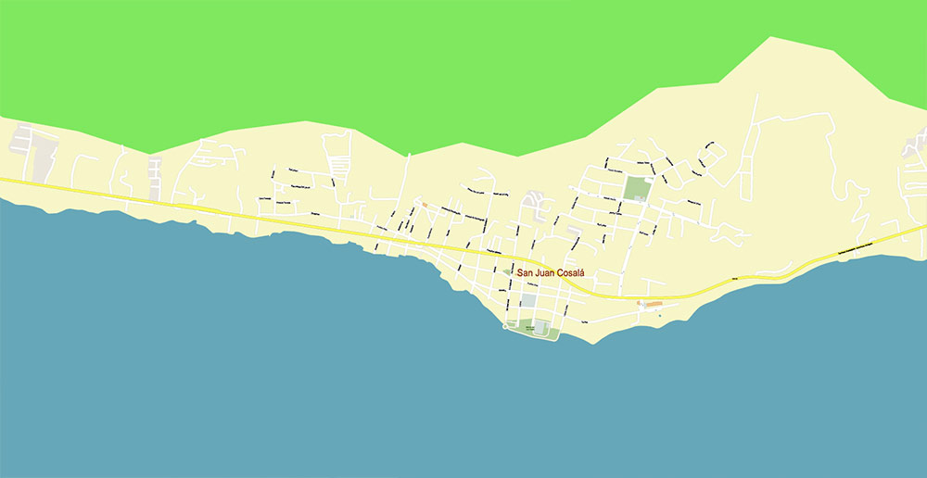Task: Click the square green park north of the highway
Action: (637, 188)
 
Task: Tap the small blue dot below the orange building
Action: (660, 315)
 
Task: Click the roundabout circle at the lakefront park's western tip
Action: (505, 326)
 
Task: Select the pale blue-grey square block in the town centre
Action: (527, 301)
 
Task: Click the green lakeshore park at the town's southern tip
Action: (533, 331)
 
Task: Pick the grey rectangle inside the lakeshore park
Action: (540, 328)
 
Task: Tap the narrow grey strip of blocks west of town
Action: (154, 177)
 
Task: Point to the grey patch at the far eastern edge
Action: (915, 144)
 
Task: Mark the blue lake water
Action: (278, 371)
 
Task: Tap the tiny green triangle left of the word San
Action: (506, 272)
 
